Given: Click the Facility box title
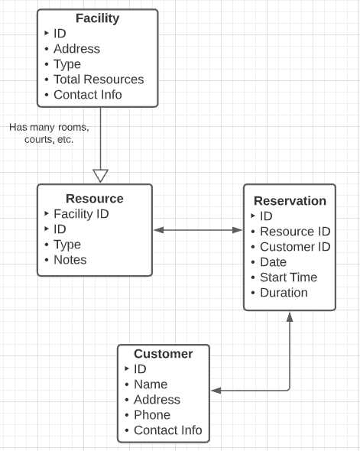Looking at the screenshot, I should (x=97, y=18).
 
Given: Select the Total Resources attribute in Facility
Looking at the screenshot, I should (x=98, y=79).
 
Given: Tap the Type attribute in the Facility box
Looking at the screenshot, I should (x=66, y=64).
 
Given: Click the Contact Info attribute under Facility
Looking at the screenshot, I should (x=87, y=95).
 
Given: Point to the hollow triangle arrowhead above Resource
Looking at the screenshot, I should (x=100, y=176).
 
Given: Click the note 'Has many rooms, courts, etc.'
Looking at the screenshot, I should (x=49, y=133).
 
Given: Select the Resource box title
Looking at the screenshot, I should (x=94, y=199).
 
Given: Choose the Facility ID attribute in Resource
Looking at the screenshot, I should (x=81, y=214).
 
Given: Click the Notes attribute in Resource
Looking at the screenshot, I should (x=70, y=260).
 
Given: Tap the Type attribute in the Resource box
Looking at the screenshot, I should (x=66, y=245).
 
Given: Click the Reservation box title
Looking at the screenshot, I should (x=290, y=201).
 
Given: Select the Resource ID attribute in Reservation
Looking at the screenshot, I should (x=294, y=232).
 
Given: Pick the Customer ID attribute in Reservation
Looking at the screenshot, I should (x=294, y=247).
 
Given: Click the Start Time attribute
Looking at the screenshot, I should (x=288, y=277).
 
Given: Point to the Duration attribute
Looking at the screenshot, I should (x=284, y=293).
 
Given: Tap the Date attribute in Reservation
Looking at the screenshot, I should (x=273, y=262).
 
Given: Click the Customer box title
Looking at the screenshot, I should (x=163, y=354).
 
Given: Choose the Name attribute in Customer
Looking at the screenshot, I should (x=150, y=384).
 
